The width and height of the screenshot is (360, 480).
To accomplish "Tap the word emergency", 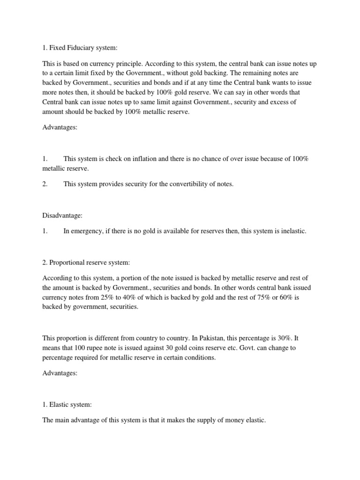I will [x=87, y=231].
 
